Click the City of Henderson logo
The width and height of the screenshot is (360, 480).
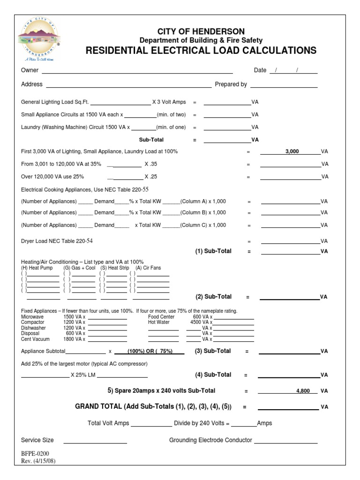pos(39,41)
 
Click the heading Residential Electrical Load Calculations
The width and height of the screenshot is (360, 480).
pos(201,51)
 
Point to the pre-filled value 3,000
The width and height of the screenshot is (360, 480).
pos(292,152)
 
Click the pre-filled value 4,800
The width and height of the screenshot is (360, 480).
pos(303,390)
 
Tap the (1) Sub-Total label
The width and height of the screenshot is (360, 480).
pos(213,251)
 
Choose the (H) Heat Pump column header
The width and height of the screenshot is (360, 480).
pos(37,268)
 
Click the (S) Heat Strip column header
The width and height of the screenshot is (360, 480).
pos(114,268)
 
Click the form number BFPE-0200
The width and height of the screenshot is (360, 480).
pos(35,454)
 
